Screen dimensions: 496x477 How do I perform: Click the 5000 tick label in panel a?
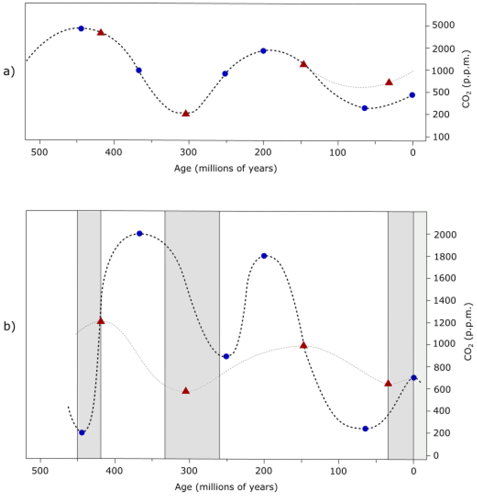pyautogui.click(x=443, y=25)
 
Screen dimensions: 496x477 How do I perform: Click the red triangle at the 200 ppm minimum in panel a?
pyautogui.click(x=186, y=113)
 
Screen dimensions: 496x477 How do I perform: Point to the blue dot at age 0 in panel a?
pyautogui.click(x=412, y=95)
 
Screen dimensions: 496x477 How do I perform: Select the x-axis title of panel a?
pyautogui.click(x=225, y=168)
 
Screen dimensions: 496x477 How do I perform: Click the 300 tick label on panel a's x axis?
pyautogui.click(x=189, y=153)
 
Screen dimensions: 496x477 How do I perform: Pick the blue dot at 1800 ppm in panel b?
pyautogui.click(x=264, y=256)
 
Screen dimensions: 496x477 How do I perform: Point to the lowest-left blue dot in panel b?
pyautogui.click(x=82, y=433)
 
